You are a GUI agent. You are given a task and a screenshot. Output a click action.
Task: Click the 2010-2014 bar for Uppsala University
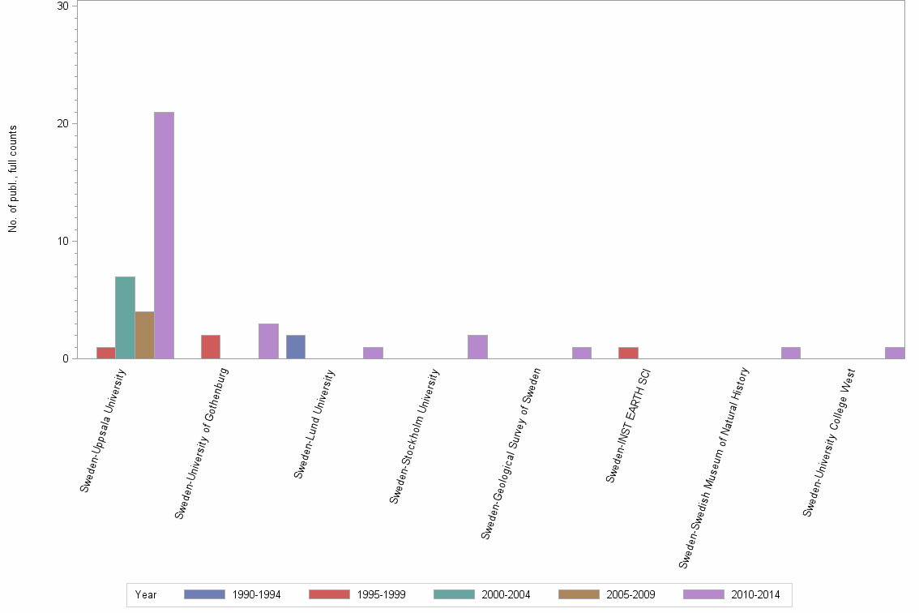pos(164,235)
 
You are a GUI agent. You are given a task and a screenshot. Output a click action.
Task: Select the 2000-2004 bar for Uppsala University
pos(125,318)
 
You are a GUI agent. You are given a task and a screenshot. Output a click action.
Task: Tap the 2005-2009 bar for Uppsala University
pos(144,335)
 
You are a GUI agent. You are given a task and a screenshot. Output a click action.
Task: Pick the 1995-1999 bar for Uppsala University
pos(105,353)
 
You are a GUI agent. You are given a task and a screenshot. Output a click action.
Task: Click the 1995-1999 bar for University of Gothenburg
pos(210,347)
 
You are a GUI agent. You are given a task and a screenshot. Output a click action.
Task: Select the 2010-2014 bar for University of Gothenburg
pos(268,341)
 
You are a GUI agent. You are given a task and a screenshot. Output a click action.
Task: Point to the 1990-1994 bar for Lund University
pos(296,347)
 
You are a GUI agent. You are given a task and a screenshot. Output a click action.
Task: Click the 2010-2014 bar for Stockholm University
pos(477,347)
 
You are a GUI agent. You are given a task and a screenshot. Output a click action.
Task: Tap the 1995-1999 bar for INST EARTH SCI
pos(628,353)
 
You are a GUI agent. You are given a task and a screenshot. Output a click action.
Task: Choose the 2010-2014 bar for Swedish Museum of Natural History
pos(791,353)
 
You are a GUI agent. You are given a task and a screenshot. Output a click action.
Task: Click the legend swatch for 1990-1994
pos(204,594)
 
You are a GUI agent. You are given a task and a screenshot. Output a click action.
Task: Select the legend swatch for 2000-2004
pos(454,594)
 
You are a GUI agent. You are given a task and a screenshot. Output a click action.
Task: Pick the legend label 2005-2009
pos(630,595)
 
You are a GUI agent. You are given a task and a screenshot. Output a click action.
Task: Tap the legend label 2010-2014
pos(755,595)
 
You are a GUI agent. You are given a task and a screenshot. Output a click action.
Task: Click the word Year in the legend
pos(146,595)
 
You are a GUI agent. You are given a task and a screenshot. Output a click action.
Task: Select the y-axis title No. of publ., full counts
pos(13,179)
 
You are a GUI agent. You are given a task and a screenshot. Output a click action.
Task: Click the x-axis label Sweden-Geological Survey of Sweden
pos(511,453)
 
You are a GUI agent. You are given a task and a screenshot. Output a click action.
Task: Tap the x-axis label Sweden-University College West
pos(829,442)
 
